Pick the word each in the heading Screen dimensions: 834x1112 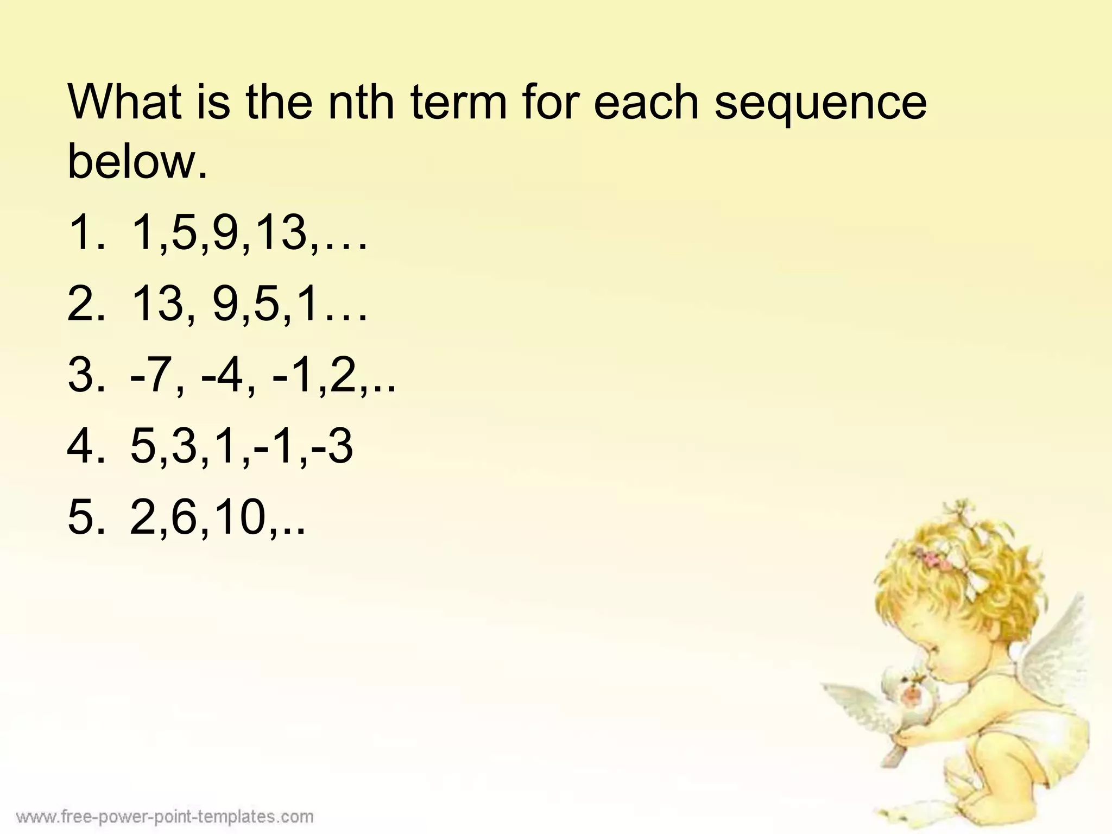(646, 103)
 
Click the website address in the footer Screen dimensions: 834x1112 (165, 816)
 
